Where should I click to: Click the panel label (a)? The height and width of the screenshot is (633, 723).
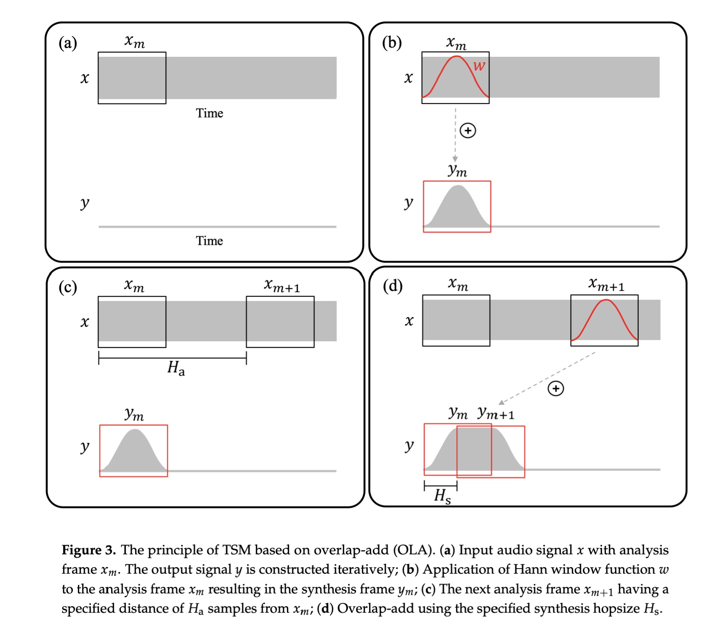coord(68,43)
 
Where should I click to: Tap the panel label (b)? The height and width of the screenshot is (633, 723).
coord(392,43)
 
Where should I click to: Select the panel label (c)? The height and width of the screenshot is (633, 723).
coord(68,287)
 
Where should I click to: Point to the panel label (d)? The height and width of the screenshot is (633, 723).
coord(393,286)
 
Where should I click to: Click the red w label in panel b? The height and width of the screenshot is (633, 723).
coord(479,66)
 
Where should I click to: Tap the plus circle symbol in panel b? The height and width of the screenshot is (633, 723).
coord(468,130)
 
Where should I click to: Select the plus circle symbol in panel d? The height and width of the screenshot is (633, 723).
coord(556,388)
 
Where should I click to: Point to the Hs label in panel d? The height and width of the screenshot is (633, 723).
coord(442,496)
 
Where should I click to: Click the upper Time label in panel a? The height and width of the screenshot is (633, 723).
coord(209,113)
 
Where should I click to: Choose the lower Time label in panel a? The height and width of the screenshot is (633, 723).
coord(209,241)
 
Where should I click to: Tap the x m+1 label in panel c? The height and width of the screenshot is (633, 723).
coord(282,285)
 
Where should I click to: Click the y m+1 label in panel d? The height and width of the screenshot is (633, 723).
coord(496,413)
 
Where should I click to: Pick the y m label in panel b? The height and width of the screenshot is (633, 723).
coord(458,170)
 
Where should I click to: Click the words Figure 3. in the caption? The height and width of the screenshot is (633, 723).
coord(88,550)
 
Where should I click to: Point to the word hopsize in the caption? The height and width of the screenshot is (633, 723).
coord(616,609)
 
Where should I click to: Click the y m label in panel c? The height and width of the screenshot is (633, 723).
coord(134,415)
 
